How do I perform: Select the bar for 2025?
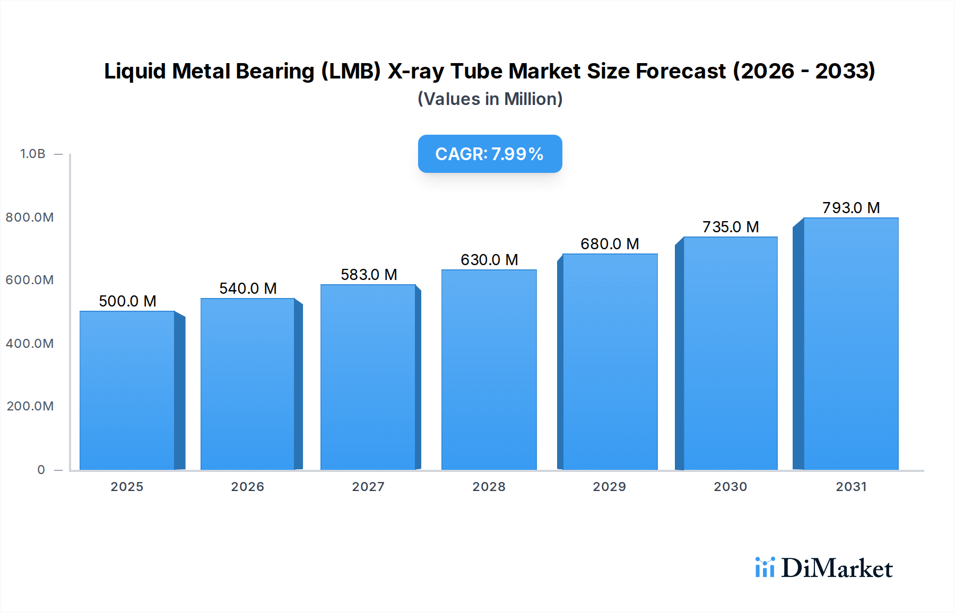(x=127, y=390)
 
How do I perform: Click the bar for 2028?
(x=489, y=370)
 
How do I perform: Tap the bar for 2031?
(x=850, y=344)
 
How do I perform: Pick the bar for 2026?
(x=248, y=384)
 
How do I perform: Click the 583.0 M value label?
(x=369, y=275)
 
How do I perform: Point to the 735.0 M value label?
(x=731, y=227)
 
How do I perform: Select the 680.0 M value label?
(x=610, y=244)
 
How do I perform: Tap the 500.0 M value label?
(x=127, y=301)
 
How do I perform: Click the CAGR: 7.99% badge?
(x=490, y=154)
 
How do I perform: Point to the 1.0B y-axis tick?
(x=33, y=154)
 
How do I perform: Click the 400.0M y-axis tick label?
(x=30, y=344)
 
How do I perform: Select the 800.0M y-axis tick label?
(x=30, y=217)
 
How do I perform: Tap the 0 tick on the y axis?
(x=41, y=470)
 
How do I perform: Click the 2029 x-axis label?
(x=610, y=487)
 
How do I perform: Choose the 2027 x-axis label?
(x=368, y=487)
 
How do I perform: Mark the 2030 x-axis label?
(x=731, y=487)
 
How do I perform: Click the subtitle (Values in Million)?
(x=490, y=99)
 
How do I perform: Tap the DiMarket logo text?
(x=837, y=568)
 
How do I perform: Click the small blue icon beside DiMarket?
(x=765, y=567)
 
